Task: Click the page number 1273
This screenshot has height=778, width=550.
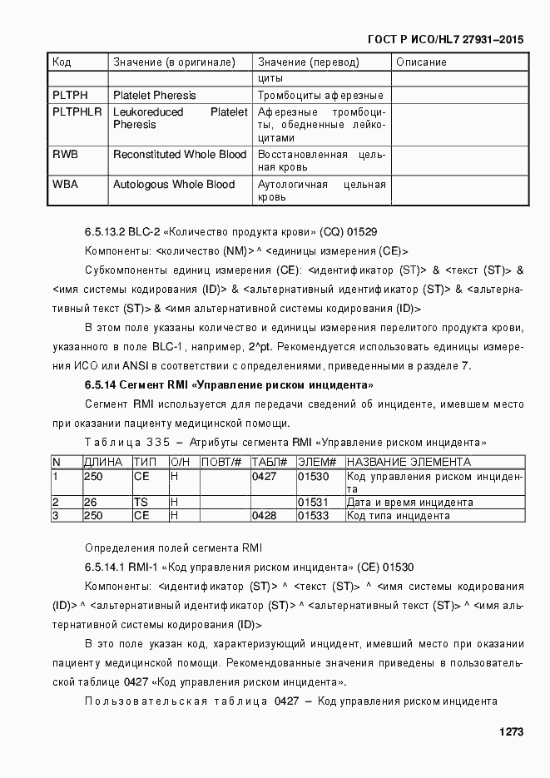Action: pos(510,732)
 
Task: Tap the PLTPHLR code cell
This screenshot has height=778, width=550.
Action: pos(77,111)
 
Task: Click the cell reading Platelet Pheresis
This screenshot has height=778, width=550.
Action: pos(155,95)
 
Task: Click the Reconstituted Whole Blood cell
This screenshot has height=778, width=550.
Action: pos(180,155)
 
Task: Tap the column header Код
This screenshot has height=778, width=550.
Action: pos(62,62)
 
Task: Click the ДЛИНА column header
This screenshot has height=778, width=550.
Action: pos(103,462)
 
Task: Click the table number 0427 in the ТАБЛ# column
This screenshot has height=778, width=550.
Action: pos(264,477)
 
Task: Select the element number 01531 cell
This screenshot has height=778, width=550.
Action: pos(314,503)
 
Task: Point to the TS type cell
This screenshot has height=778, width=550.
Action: pos(141,503)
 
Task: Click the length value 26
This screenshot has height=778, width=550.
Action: pos(91,503)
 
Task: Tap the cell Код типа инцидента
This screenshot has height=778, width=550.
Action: pos(399,516)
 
